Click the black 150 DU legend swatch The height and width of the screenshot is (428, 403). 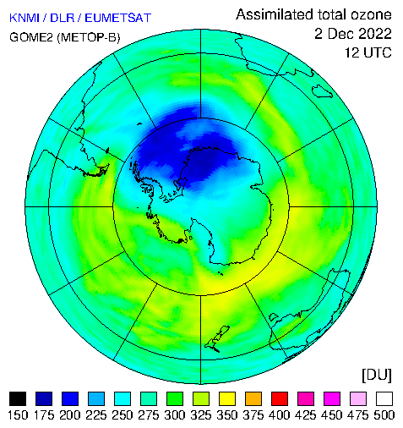click(18, 398)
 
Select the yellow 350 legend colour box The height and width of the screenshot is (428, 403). click(227, 398)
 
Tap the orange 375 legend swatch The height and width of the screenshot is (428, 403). click(253, 398)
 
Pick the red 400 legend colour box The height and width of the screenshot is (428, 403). click(280, 398)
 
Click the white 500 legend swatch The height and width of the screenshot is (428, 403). click(384, 398)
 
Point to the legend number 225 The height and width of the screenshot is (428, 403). click(96, 415)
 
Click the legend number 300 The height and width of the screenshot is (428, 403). click(175, 415)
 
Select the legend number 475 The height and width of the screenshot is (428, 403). click(358, 415)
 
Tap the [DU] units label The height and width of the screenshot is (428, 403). click(377, 375)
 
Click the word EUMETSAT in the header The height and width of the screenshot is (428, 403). click(118, 18)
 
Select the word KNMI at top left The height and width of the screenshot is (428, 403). click(25, 18)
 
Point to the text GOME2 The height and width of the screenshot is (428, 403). click(31, 37)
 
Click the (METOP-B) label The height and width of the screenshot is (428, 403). click(89, 37)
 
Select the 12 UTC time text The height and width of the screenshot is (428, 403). click(368, 52)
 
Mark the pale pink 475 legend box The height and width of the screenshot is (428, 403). click(358, 398)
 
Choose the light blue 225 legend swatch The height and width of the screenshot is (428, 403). click(96, 398)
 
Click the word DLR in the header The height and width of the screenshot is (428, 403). click(63, 18)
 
